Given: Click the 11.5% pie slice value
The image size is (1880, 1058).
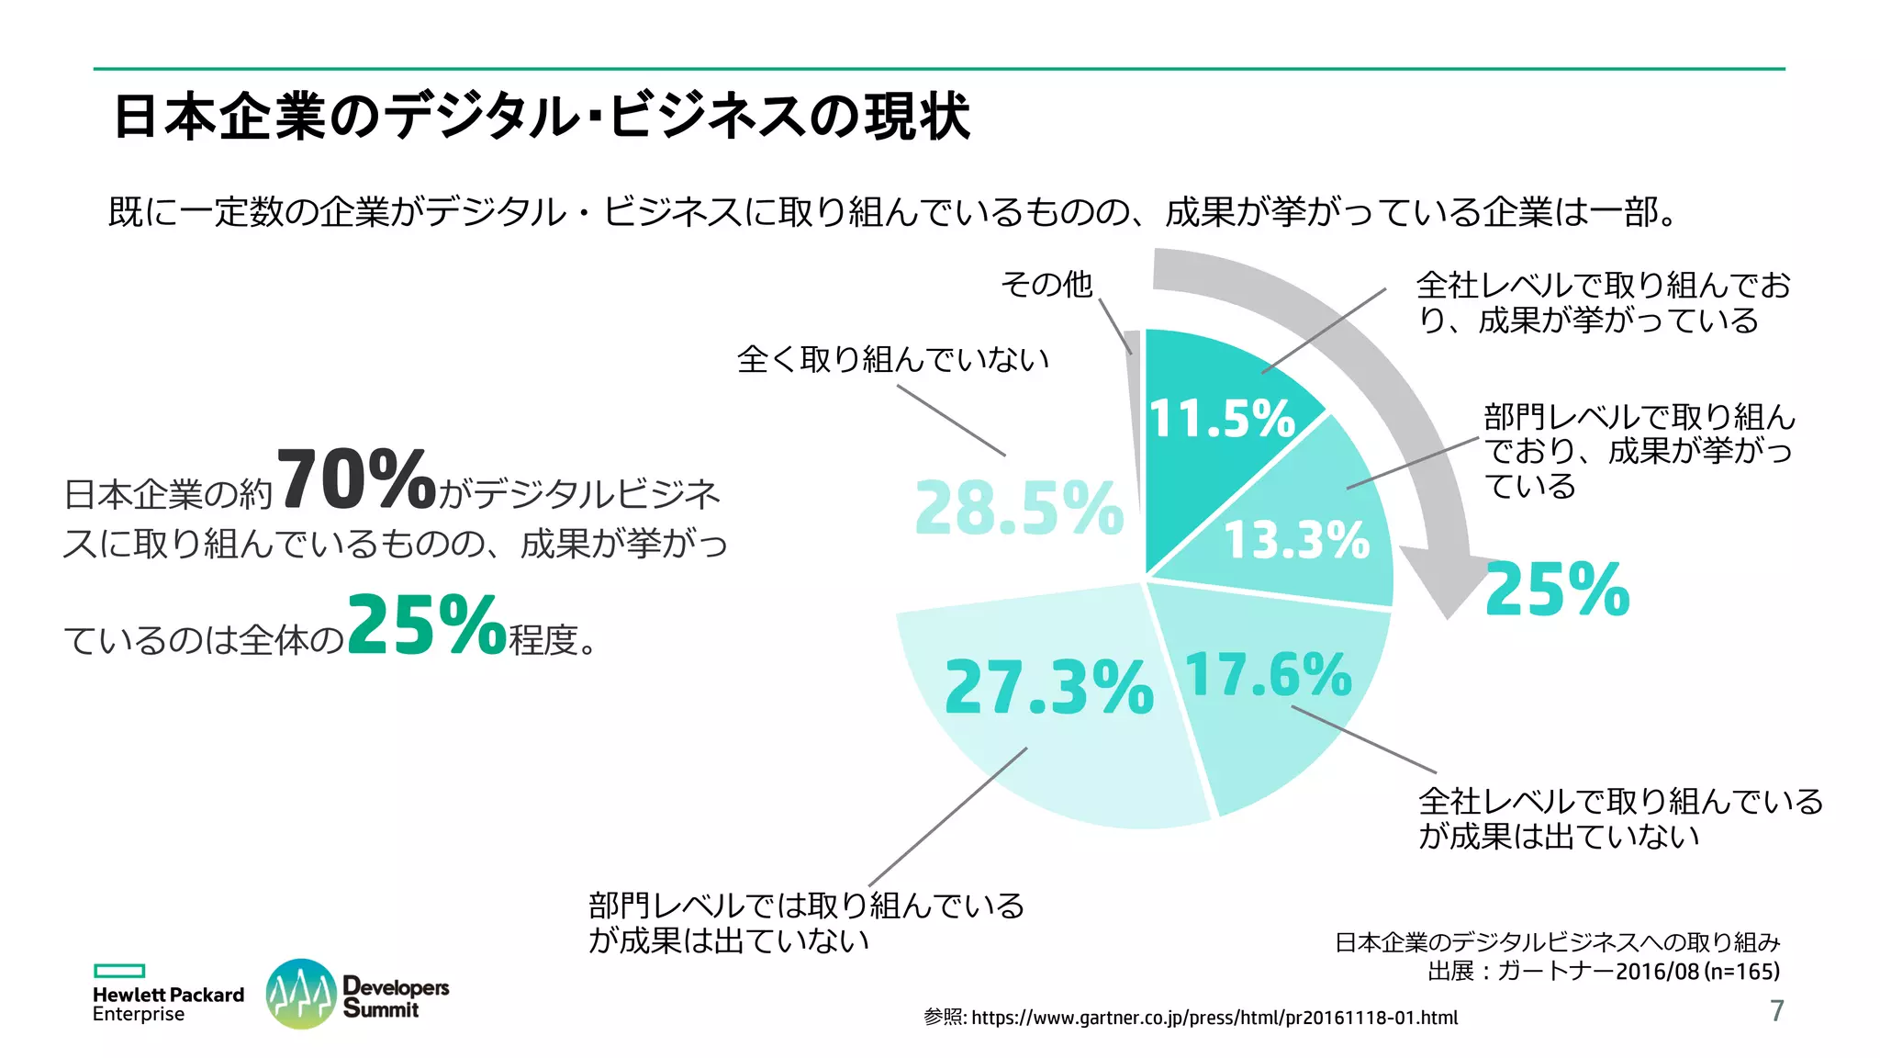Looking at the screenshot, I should [1221, 419].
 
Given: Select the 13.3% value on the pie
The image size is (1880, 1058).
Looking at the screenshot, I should [1297, 539].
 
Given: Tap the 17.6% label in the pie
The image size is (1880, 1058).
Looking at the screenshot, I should [1268, 675].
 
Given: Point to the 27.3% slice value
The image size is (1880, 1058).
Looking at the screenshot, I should [1048, 687].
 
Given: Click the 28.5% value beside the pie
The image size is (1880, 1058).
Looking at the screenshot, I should [1019, 508].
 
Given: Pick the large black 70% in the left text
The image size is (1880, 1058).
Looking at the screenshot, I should [355, 479].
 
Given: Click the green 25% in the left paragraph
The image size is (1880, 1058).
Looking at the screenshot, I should [427, 625].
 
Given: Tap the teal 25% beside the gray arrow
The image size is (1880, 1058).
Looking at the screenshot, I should [1557, 590].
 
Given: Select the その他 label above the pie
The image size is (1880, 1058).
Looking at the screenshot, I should [1046, 284].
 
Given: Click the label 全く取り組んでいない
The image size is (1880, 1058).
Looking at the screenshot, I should [892, 359].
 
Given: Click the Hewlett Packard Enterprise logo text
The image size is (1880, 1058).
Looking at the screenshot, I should [168, 1004].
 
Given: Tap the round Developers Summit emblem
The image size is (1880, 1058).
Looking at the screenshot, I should [300, 994].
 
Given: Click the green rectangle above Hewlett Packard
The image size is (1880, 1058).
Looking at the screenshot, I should [119, 971].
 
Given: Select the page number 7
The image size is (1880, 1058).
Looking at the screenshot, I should [1776, 1010].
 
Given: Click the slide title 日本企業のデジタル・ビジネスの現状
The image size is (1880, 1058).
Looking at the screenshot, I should [542, 117].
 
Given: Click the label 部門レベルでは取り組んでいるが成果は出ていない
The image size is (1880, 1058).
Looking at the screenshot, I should [806, 922].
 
